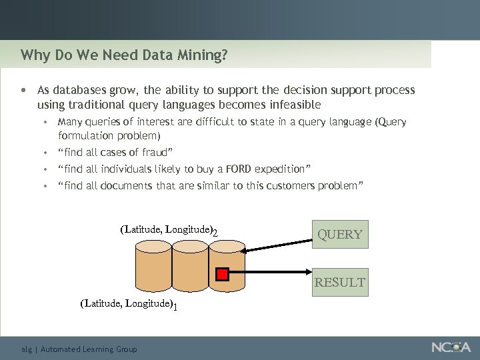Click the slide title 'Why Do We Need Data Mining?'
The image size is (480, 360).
click(124, 54)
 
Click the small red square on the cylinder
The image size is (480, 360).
click(223, 273)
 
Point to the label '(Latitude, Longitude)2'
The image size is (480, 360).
click(169, 231)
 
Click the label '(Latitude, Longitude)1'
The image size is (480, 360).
click(129, 304)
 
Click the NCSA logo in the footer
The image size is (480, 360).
click(451, 347)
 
